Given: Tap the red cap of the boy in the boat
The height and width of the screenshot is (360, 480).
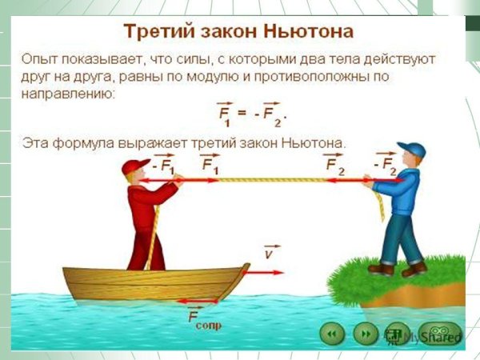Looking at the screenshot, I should (133, 166).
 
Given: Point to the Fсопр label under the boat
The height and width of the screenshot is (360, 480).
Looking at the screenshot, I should (204, 320).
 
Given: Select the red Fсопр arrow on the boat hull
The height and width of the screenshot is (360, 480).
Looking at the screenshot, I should (196, 301).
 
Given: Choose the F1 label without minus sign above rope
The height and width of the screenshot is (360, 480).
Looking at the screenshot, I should (210, 165).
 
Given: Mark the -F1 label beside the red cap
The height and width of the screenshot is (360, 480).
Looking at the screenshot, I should (162, 165).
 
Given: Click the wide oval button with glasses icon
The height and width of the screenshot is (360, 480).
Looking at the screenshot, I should (442, 332).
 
